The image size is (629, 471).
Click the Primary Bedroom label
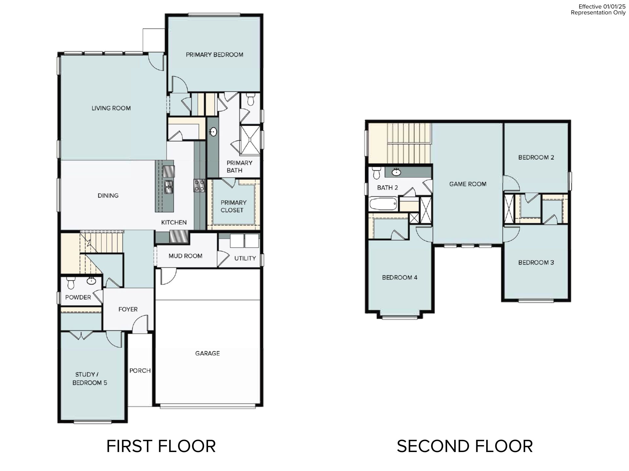tap(215, 55)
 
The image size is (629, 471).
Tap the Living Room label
tap(111, 108)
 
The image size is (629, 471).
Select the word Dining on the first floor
tap(108, 196)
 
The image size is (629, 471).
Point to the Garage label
tap(207, 353)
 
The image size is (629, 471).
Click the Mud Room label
tap(185, 256)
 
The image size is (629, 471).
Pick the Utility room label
tap(245, 258)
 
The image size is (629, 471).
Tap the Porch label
tap(140, 371)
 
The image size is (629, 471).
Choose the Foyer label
tap(128, 309)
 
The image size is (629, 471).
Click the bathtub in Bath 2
tap(383, 204)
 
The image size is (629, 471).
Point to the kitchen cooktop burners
tap(200, 185)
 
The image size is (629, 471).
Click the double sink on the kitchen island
tap(169, 187)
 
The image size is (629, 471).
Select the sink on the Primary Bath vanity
tap(213, 132)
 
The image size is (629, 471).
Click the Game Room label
tap(468, 184)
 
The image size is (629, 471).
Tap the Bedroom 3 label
tap(536, 263)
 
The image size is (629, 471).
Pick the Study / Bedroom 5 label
tap(89, 378)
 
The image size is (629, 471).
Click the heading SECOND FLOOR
tap(465, 446)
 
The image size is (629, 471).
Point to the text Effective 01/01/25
tap(602, 7)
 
